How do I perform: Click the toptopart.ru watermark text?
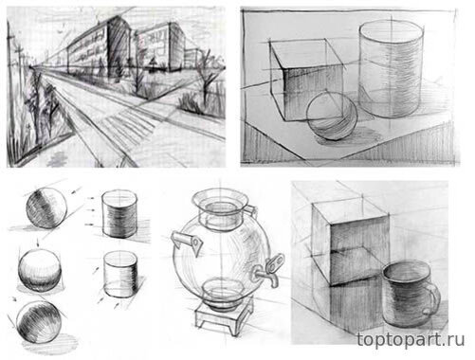[411, 340]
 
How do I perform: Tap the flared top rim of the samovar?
[219, 201]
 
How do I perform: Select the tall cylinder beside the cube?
[391, 68]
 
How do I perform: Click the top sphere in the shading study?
[46, 207]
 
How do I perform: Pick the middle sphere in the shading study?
[40, 270]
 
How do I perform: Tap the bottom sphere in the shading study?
[39, 322]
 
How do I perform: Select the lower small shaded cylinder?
[120, 274]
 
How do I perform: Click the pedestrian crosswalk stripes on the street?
[130, 126]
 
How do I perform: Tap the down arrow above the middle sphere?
[38, 243]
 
